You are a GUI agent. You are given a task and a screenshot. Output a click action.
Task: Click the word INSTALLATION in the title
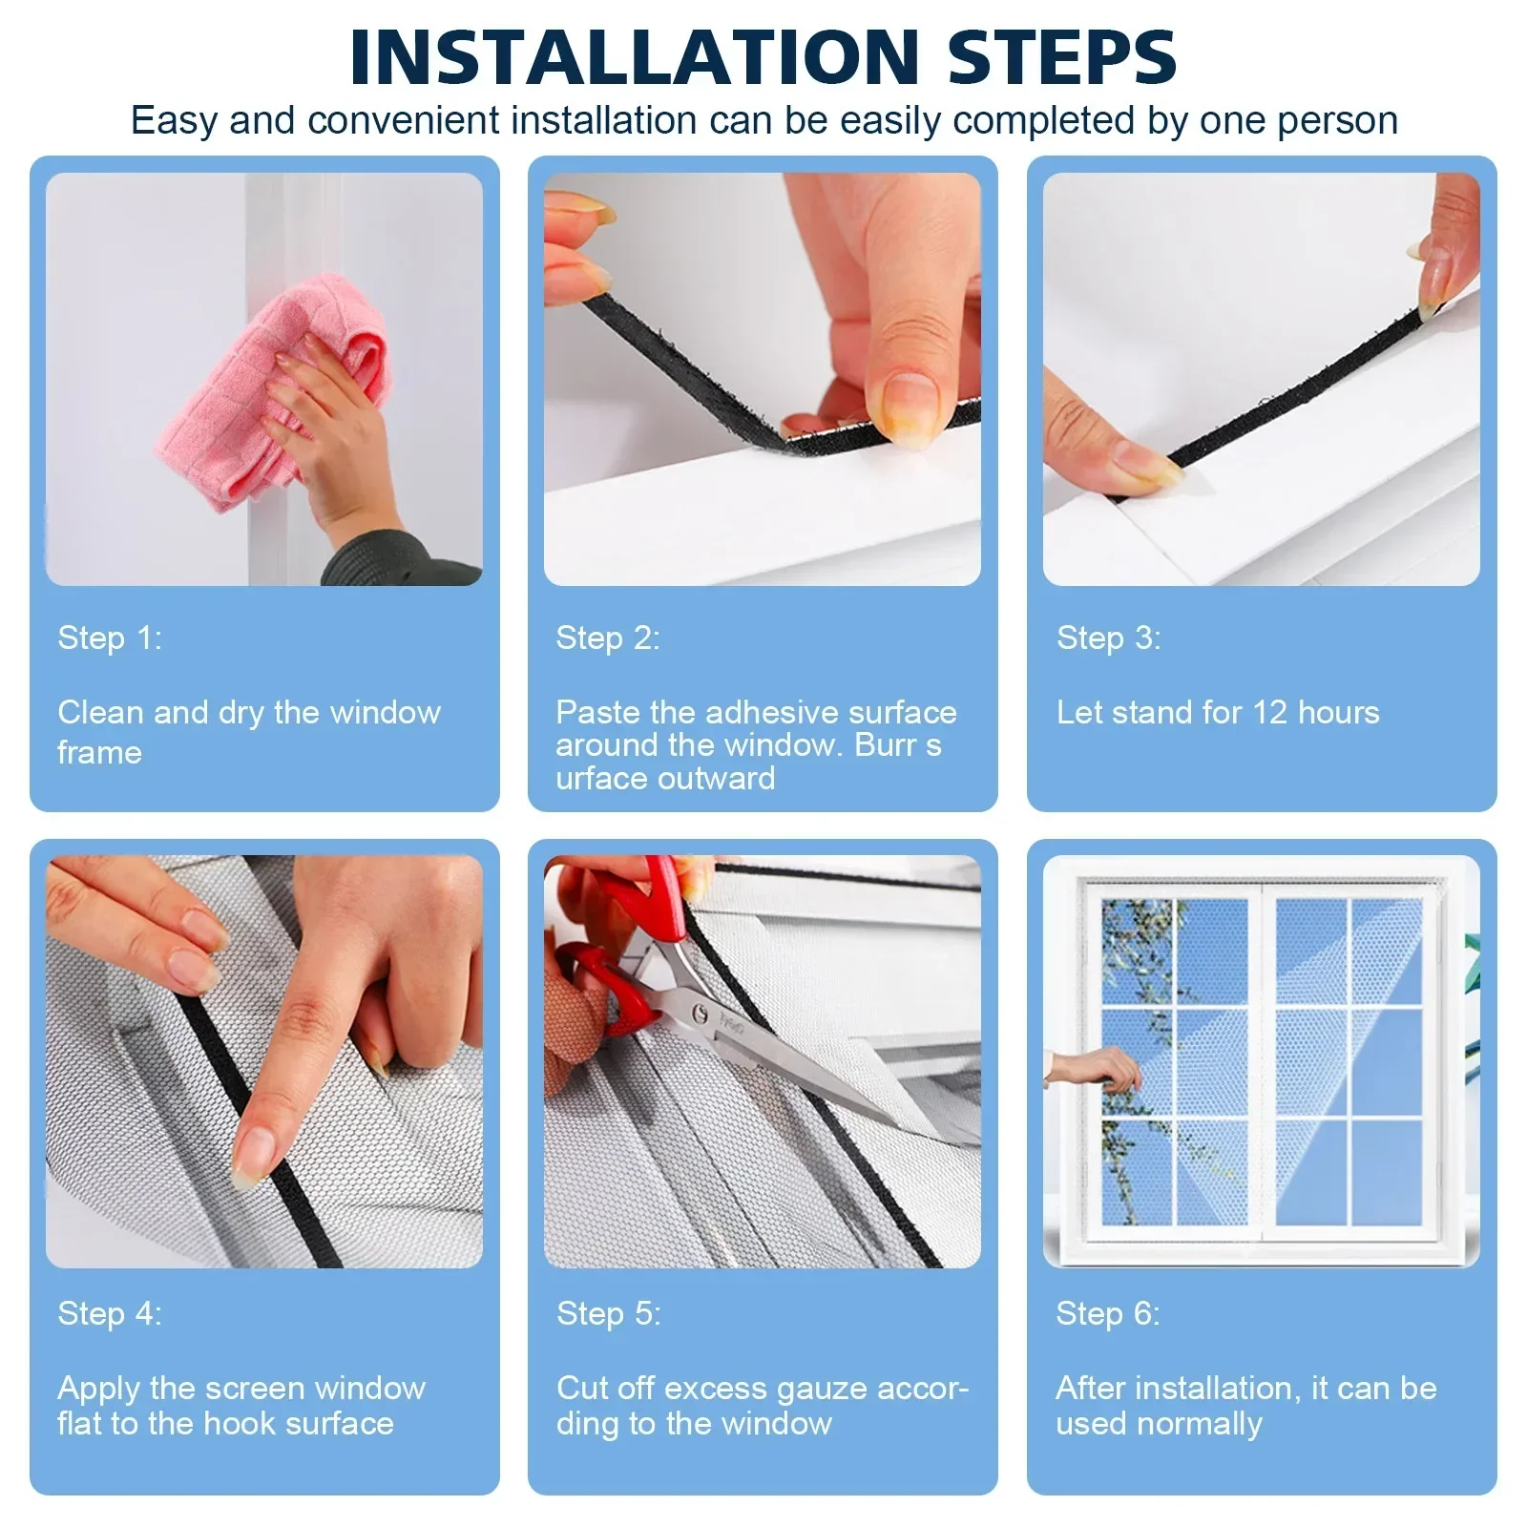[634, 57]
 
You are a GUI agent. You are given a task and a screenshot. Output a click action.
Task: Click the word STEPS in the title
[1061, 57]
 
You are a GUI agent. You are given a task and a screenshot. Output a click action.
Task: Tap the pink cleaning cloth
[258, 401]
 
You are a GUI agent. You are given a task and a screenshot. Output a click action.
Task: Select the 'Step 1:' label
[110, 638]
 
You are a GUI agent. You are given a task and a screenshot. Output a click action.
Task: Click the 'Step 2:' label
[608, 638]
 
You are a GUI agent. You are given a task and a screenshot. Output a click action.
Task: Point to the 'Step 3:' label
[1108, 638]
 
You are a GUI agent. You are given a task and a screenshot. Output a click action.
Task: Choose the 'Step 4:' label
[110, 1313]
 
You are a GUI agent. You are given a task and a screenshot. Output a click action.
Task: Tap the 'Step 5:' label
[608, 1313]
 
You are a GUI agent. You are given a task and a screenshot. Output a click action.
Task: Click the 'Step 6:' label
[1108, 1313]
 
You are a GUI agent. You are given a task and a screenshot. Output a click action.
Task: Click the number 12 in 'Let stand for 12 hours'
[1269, 712]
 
